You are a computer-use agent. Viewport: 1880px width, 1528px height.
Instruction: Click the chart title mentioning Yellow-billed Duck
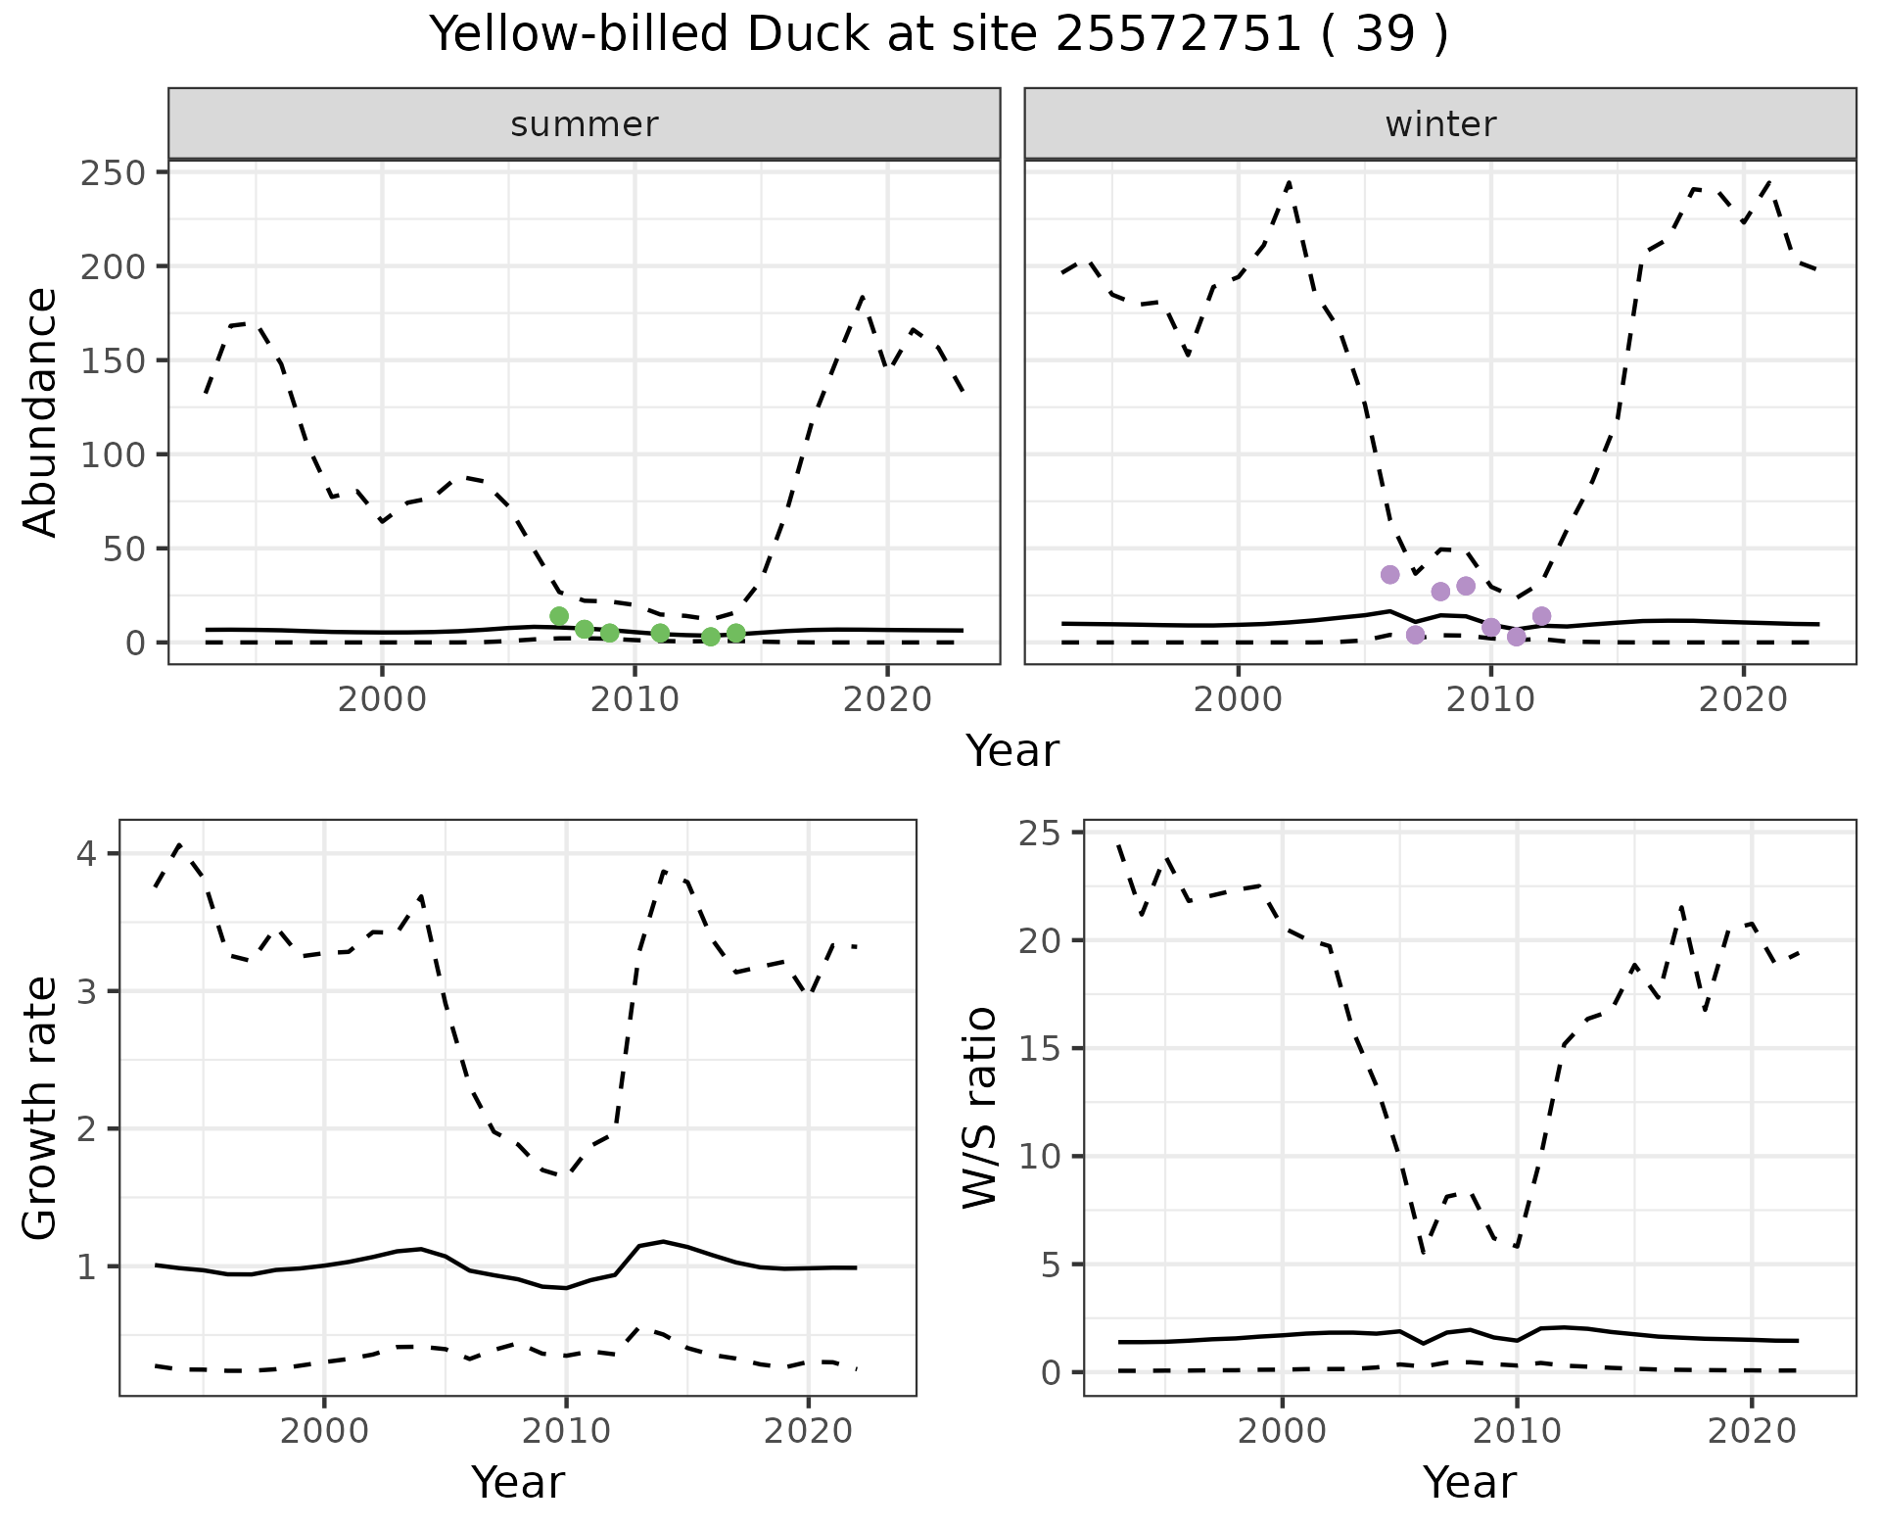click(939, 36)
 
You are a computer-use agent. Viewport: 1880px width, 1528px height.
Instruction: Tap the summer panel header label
click(585, 124)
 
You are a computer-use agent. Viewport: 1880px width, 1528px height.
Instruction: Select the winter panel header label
click(1440, 124)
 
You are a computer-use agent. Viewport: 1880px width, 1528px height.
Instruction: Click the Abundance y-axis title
click(41, 412)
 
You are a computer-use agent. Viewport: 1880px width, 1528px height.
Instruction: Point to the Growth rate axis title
click(41, 1108)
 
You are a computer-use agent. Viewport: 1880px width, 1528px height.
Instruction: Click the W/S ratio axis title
click(980, 1108)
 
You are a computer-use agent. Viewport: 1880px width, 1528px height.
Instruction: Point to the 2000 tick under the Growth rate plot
click(324, 1431)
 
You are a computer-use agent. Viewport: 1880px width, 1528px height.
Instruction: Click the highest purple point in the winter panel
click(1389, 575)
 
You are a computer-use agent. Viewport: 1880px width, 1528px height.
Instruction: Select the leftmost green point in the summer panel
click(559, 616)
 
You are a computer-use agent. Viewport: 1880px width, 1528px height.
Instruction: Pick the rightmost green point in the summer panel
click(736, 633)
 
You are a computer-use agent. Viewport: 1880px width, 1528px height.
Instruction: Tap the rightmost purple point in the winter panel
click(1541, 616)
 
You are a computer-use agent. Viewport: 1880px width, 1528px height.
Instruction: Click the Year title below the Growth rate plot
click(518, 1482)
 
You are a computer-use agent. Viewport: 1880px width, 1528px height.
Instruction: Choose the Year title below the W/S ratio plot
click(1470, 1482)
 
